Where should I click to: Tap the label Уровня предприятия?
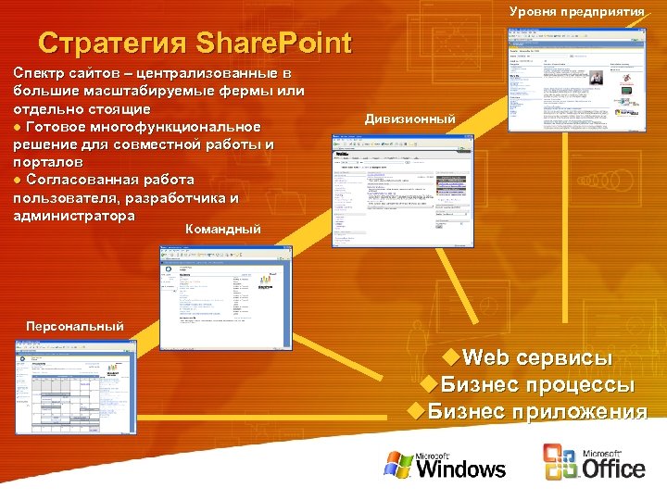pos(576,11)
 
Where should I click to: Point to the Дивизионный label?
pos(409,119)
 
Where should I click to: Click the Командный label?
pos(223,229)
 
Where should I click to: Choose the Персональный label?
pos(74,326)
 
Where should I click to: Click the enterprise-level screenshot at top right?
pos(577,79)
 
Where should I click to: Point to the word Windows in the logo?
pos(461,468)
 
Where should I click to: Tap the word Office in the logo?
pos(613,468)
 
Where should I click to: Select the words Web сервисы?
pos(537,358)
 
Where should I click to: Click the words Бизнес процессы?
pos(537,384)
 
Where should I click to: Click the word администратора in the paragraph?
pos(74,215)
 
